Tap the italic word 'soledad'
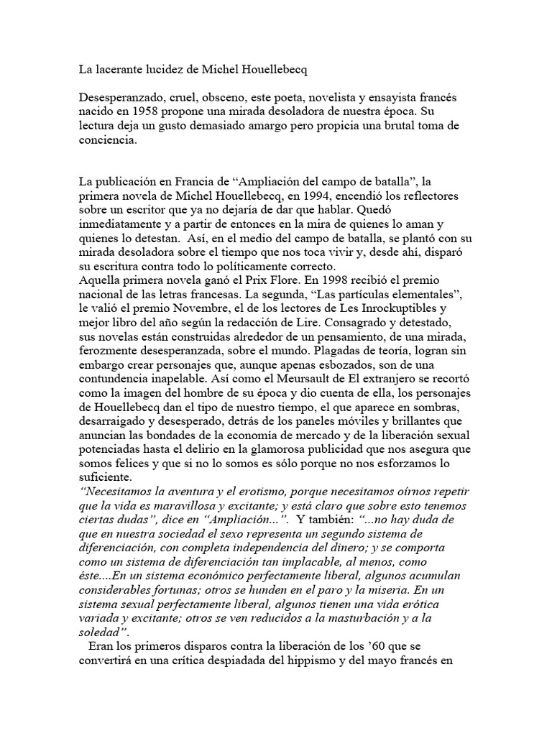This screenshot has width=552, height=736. (103, 632)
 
